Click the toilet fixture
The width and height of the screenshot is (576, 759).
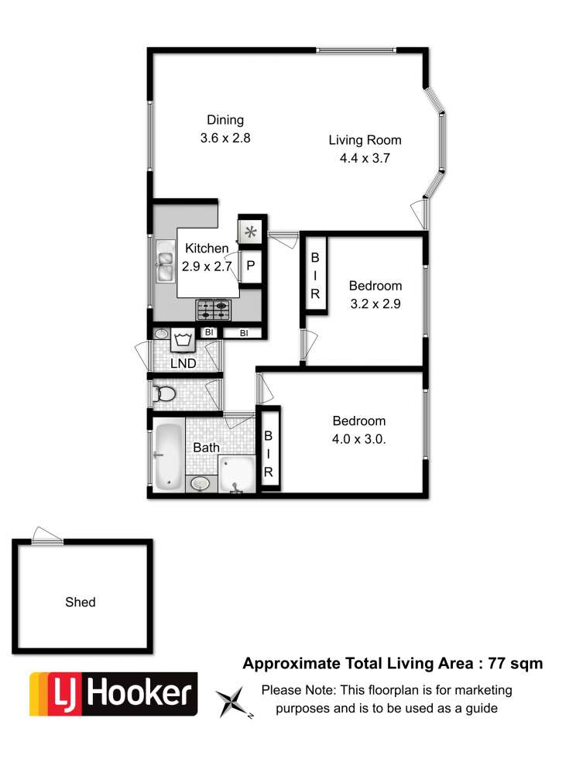point(163,393)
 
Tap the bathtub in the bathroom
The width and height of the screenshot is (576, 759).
point(168,455)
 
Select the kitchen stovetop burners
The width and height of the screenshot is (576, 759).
point(214,310)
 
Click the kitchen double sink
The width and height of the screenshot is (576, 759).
point(165,266)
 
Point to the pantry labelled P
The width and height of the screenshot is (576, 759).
point(251,266)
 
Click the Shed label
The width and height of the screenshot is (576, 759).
point(81,602)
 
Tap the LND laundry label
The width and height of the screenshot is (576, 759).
point(183,363)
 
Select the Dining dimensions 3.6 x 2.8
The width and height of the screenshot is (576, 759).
point(225,138)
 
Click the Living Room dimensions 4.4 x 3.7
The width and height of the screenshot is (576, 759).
point(365,158)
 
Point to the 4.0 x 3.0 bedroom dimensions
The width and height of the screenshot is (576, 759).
point(358,439)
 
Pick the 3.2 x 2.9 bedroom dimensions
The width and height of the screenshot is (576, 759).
point(375,304)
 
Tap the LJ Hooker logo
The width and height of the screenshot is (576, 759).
point(114,694)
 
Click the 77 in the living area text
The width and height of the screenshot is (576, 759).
point(496,663)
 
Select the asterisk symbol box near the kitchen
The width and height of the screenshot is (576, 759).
point(251,232)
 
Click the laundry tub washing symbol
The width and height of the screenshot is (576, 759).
point(183,339)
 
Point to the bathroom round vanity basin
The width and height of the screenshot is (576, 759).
point(201,483)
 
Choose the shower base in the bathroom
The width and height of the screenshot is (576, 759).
point(236,474)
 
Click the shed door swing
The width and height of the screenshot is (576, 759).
point(47,535)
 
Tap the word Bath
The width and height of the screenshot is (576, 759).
point(206,448)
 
